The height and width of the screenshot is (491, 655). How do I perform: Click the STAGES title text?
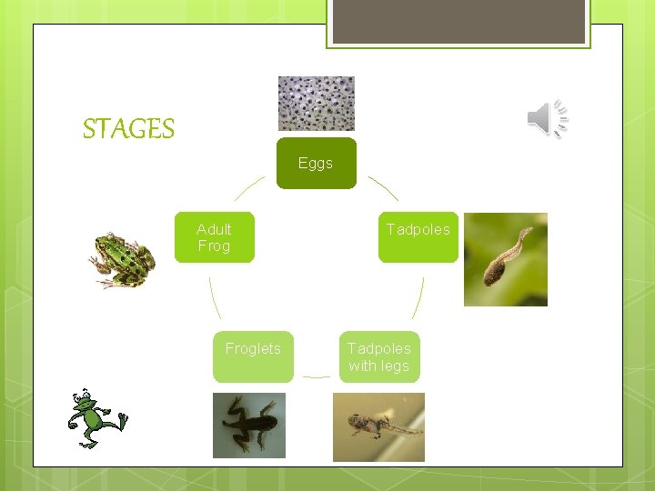(128, 129)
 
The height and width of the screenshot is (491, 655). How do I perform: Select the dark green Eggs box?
(316, 164)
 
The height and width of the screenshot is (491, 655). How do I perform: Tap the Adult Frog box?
(215, 237)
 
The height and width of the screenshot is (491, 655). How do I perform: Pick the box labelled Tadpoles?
(418, 237)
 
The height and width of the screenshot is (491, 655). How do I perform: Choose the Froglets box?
(253, 356)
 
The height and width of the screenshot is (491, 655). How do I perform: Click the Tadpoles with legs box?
(379, 356)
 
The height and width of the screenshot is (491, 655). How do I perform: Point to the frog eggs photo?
(316, 104)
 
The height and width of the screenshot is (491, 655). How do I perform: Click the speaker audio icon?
(548, 119)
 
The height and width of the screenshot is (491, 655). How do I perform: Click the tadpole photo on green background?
(505, 259)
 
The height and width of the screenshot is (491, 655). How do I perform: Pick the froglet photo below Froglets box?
(248, 425)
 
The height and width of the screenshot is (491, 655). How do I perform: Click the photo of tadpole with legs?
(378, 426)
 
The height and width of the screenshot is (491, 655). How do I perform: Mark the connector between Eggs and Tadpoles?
(383, 187)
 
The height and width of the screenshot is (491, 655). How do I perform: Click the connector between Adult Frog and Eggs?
(249, 187)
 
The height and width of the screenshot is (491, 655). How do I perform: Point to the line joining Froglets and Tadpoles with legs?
(316, 376)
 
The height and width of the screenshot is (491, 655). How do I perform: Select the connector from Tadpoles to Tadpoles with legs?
(419, 297)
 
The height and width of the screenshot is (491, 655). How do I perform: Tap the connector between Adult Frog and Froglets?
(214, 297)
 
